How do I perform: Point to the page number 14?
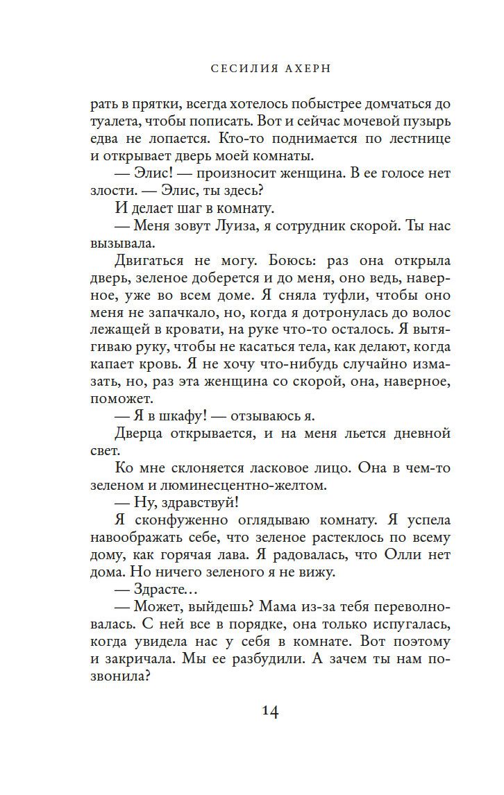coord(271,712)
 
